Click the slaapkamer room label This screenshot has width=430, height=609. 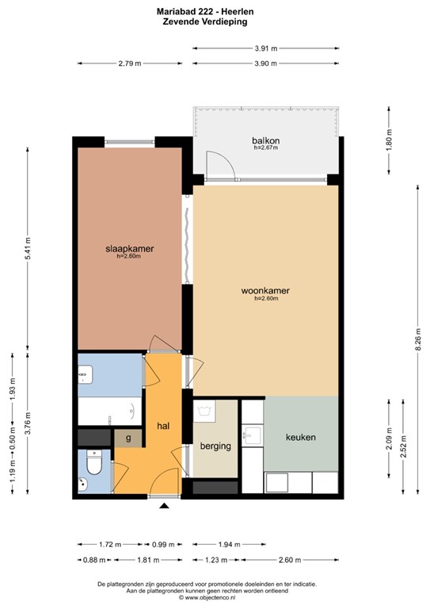[x=129, y=249]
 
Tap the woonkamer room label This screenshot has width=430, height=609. [x=265, y=291]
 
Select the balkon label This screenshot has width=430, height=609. [x=266, y=141]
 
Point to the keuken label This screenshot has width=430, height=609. [x=301, y=437]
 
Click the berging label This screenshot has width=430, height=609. [x=215, y=446]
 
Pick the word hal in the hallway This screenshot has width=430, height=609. [x=164, y=426]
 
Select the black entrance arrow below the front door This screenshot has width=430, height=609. [x=164, y=505]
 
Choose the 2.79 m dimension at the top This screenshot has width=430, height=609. [x=129, y=63]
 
